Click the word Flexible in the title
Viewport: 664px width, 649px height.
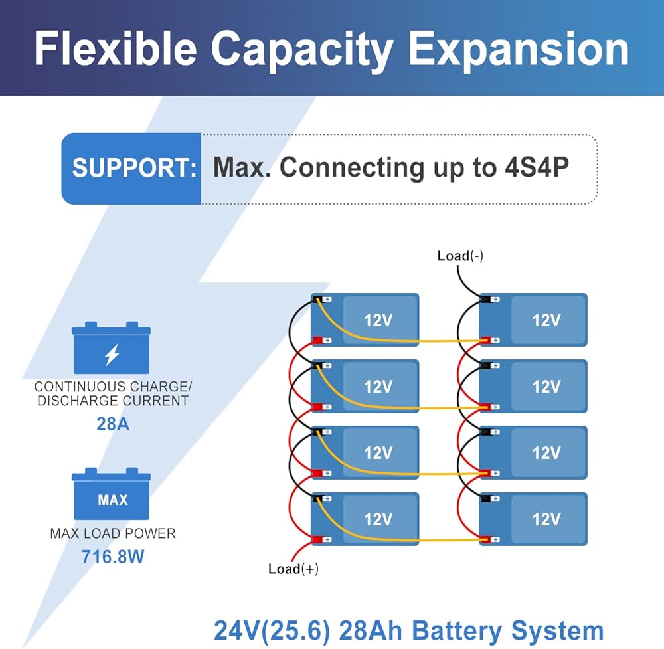(x=115, y=49)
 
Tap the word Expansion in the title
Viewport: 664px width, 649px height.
(x=518, y=49)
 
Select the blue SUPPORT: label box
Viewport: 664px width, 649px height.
(x=132, y=168)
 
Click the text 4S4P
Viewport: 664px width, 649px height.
(x=532, y=167)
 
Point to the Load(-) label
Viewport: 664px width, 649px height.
(x=460, y=256)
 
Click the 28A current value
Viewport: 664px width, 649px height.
(x=113, y=423)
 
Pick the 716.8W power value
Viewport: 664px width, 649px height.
(x=113, y=556)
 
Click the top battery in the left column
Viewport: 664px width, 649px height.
(x=365, y=320)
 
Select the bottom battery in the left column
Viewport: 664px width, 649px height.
(x=365, y=519)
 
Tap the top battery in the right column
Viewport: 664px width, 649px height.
(x=534, y=320)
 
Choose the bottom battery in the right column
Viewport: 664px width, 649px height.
(x=534, y=519)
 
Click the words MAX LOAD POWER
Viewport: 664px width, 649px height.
(x=113, y=533)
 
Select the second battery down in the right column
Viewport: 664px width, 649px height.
(x=534, y=386)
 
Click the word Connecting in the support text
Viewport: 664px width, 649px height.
(x=351, y=167)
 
